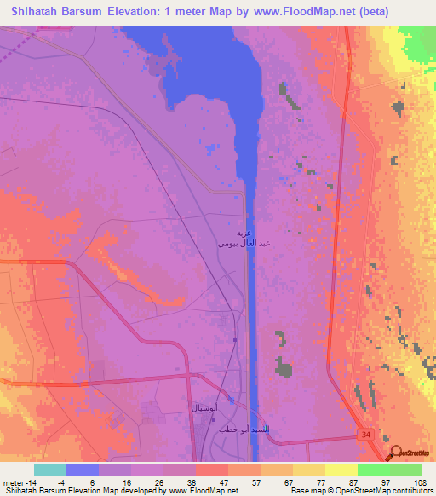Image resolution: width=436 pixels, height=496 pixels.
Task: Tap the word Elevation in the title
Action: pos(152,12)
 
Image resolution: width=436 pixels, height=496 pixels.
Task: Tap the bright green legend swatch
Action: pos(373,470)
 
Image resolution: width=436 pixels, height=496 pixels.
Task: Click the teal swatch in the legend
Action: pos(50,470)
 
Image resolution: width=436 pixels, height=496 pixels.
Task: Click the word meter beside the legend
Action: pos(14,481)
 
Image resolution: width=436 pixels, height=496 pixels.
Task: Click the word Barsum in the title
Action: pos(83,12)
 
